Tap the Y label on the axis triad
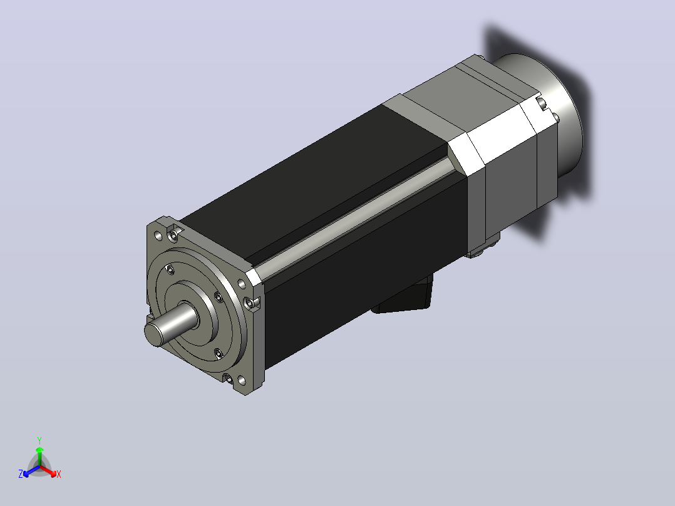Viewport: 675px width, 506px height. [x=39, y=440]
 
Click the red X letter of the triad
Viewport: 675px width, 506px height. [x=59, y=474]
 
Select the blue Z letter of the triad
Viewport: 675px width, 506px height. [x=21, y=473]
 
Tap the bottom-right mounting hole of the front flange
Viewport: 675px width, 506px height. [x=242, y=380]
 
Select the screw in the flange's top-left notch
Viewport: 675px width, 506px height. [x=173, y=235]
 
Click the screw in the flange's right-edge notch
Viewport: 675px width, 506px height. [x=250, y=303]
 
